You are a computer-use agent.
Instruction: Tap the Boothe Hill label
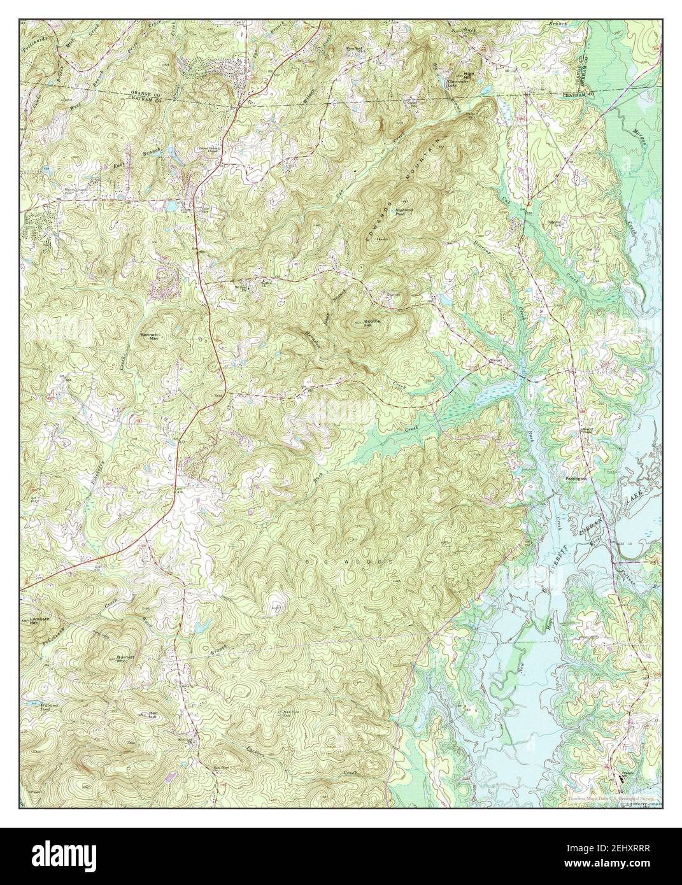click(x=372, y=323)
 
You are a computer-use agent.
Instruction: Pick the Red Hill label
click(x=152, y=715)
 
